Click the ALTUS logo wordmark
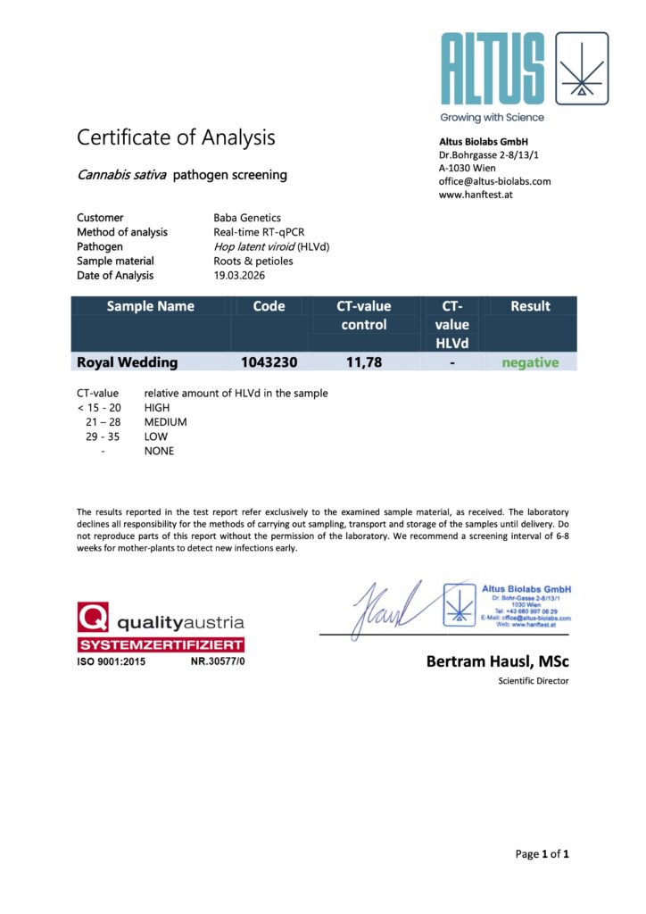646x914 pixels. [492, 70]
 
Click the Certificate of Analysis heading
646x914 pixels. [176, 137]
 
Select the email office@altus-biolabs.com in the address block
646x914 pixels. [494, 181]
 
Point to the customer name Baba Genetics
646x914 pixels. [247, 218]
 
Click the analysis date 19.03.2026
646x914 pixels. [242, 276]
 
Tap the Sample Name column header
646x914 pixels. [150, 306]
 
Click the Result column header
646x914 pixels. [530, 306]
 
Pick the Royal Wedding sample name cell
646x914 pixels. [128, 362]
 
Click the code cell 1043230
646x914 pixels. [269, 362]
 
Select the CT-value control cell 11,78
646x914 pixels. [363, 362]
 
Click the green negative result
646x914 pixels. [530, 362]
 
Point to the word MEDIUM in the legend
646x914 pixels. [165, 422]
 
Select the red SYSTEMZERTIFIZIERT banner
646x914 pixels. [161, 644]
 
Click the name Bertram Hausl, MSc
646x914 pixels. [498, 661]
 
